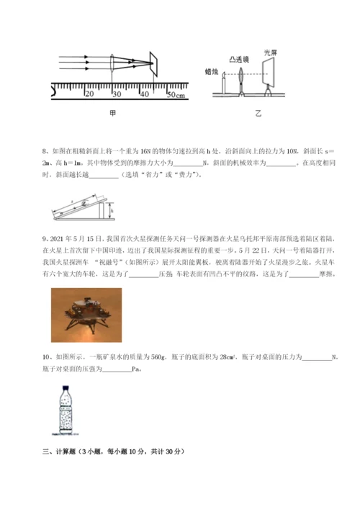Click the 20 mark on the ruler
point(89,94)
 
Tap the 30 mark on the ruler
point(117,94)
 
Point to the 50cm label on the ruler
point(175,94)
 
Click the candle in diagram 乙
point(224,86)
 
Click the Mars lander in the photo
point(86,314)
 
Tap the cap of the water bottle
point(67,389)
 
